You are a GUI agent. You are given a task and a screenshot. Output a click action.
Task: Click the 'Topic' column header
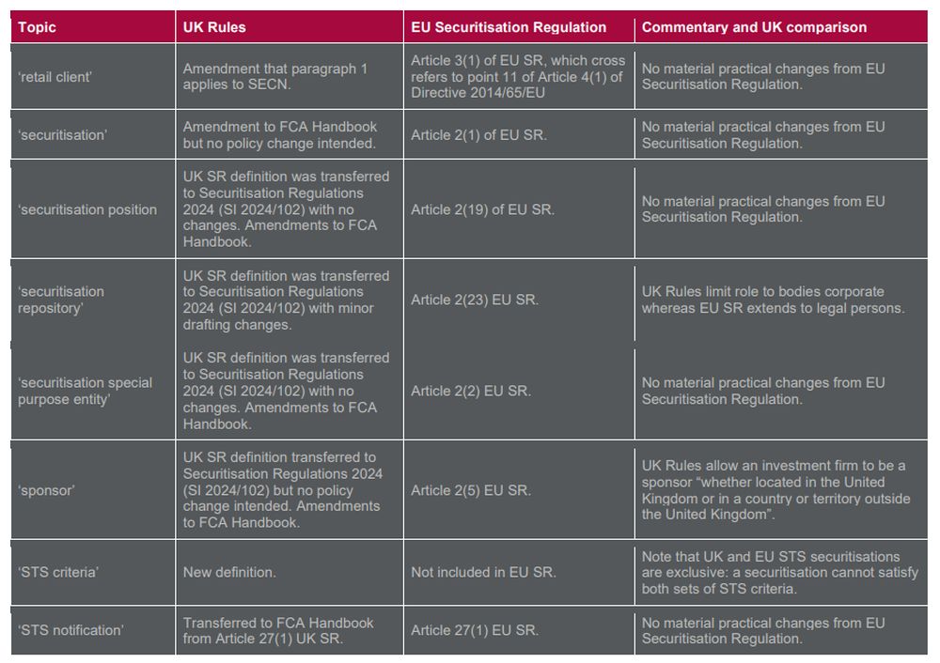click(x=37, y=27)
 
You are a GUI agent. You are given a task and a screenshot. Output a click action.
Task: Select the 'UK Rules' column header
click(x=214, y=27)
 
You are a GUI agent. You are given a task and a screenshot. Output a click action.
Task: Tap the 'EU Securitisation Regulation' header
click(x=509, y=27)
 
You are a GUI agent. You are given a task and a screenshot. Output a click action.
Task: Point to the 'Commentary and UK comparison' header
click(x=754, y=27)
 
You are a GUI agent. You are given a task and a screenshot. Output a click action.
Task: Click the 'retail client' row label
click(x=55, y=77)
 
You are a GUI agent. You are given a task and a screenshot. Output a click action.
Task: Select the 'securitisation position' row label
click(x=87, y=209)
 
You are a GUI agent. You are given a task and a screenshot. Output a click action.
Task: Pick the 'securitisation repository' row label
click(x=61, y=300)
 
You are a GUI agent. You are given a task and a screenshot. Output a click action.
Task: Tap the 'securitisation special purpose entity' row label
click(x=85, y=391)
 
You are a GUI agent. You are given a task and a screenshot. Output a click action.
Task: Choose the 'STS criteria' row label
click(x=56, y=572)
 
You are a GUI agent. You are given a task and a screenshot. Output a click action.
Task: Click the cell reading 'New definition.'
click(x=229, y=572)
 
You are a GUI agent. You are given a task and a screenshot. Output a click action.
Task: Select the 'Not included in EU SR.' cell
click(x=483, y=572)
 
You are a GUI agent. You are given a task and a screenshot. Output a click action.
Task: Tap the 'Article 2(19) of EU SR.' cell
click(x=482, y=209)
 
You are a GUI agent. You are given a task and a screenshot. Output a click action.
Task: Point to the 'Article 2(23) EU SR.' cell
click(x=475, y=300)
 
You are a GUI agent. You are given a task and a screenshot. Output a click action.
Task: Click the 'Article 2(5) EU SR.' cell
click(x=471, y=490)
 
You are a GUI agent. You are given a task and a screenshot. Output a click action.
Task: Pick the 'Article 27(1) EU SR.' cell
click(x=475, y=630)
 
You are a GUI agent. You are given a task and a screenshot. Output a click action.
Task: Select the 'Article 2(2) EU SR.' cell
click(x=471, y=391)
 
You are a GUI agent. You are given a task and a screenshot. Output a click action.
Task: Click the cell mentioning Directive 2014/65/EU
click(x=517, y=77)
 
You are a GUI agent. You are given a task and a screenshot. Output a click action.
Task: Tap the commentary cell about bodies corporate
click(x=773, y=300)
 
